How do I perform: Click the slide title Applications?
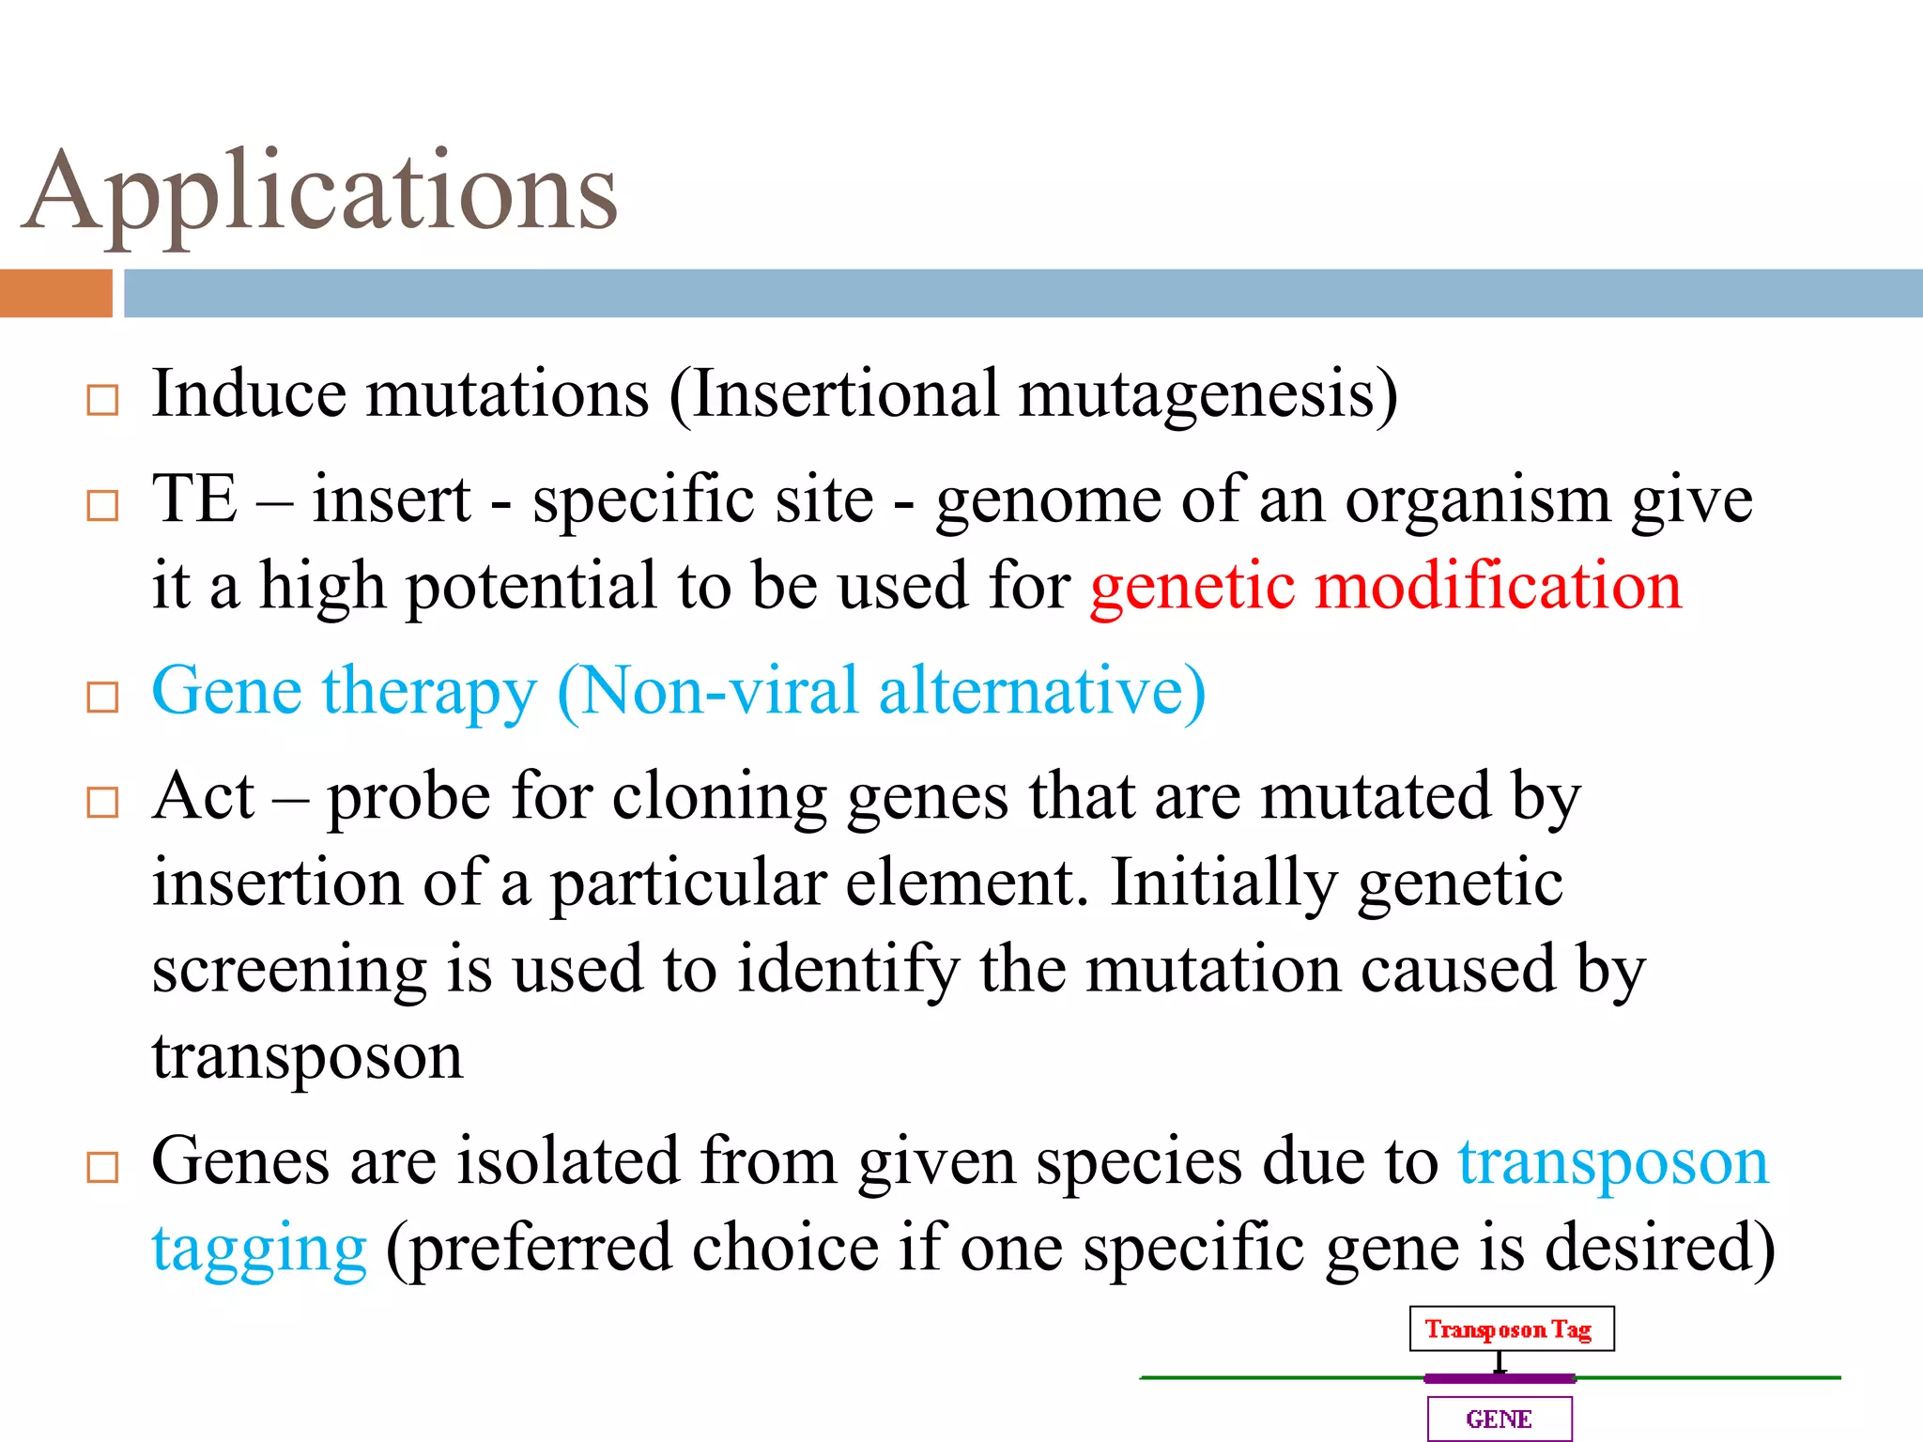point(319,192)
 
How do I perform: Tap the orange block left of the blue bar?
point(55,293)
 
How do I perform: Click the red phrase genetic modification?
point(1386,586)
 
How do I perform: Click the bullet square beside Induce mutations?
point(102,401)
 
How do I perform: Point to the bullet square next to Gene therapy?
point(102,698)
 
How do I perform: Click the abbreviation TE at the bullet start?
point(194,499)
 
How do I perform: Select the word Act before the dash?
point(203,797)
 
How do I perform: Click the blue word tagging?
point(259,1250)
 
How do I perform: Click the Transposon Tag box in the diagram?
point(1511,1329)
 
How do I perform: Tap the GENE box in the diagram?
point(1499,1419)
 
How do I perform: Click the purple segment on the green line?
point(1500,1378)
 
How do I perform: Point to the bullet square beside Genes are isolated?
point(102,1168)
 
